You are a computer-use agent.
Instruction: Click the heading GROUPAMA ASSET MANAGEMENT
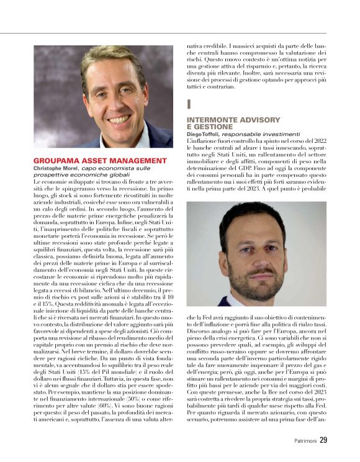100,160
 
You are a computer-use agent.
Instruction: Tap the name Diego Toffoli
204,133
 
